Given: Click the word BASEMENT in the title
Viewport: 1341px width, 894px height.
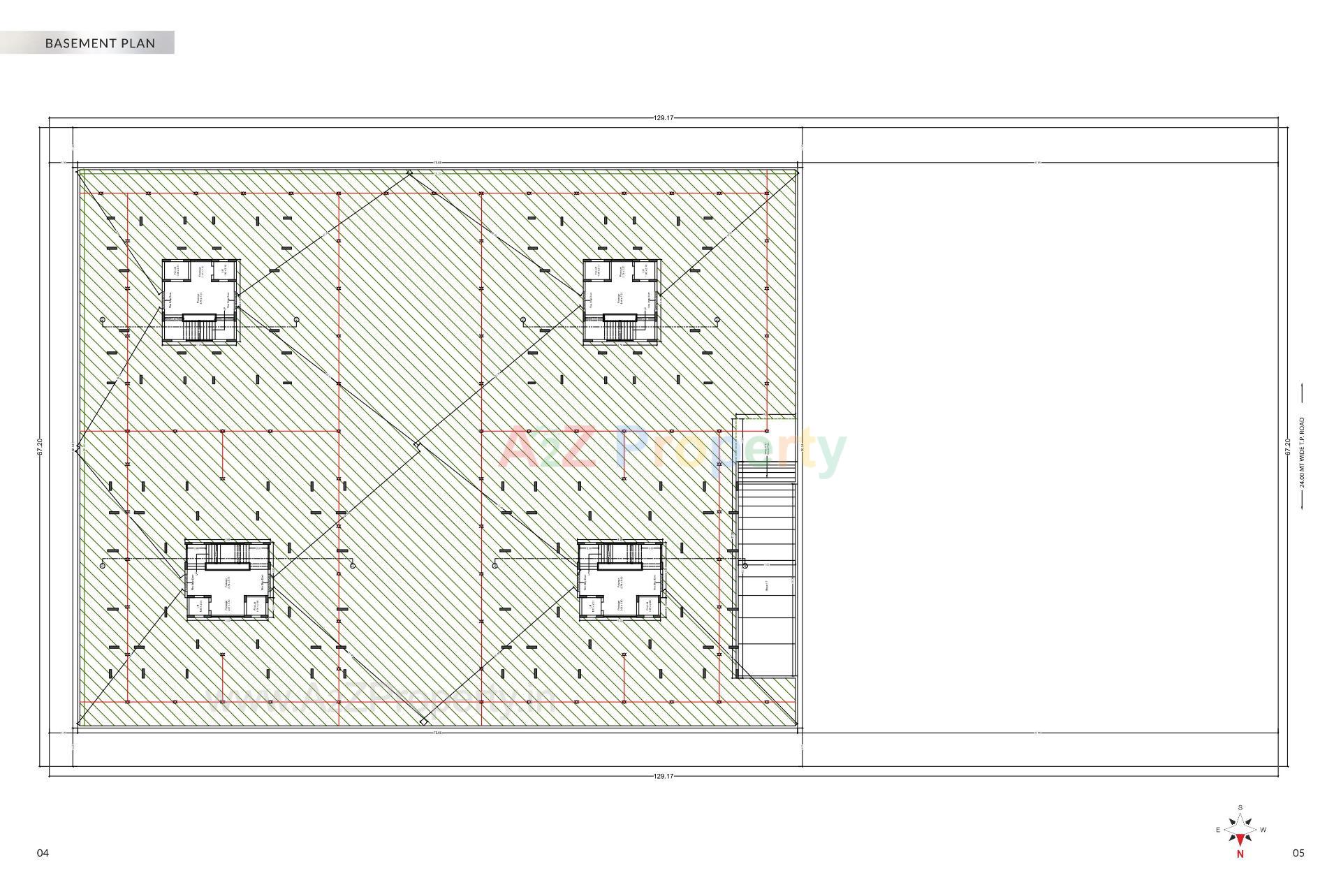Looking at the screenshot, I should [78, 43].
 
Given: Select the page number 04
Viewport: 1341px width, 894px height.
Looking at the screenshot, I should [43, 853].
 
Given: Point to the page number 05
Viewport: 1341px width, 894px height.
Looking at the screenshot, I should [1298, 853].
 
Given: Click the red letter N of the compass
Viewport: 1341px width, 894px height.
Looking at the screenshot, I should [1240, 853].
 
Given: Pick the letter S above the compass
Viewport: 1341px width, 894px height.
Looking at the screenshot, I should [1240, 807].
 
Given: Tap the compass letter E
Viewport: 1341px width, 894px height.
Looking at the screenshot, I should [1218, 830].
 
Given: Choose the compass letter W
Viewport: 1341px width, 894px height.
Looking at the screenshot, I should [1263, 830].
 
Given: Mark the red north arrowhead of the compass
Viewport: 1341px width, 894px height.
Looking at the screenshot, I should [1240, 840].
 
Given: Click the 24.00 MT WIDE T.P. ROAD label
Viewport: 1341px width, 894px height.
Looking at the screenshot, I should [1303, 453].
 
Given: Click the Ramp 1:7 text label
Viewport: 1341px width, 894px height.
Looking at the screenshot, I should [767, 585].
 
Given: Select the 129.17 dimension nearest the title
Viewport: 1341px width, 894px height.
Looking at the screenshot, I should [663, 118].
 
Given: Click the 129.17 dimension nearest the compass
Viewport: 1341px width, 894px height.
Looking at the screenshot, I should [663, 776].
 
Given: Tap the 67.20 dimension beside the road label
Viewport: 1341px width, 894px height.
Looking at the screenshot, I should [1287, 447].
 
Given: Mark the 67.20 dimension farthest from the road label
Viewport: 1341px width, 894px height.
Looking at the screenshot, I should [40, 447].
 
